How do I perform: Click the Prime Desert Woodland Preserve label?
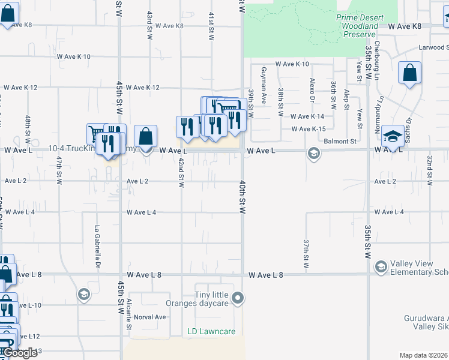357,26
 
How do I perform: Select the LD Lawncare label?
211,331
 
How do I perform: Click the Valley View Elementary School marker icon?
380,266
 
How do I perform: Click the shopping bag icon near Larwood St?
409,74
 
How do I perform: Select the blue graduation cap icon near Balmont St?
393,137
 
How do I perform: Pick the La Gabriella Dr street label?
96,247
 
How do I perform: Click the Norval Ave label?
149,317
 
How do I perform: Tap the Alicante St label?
129,314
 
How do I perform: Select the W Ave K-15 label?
308,129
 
